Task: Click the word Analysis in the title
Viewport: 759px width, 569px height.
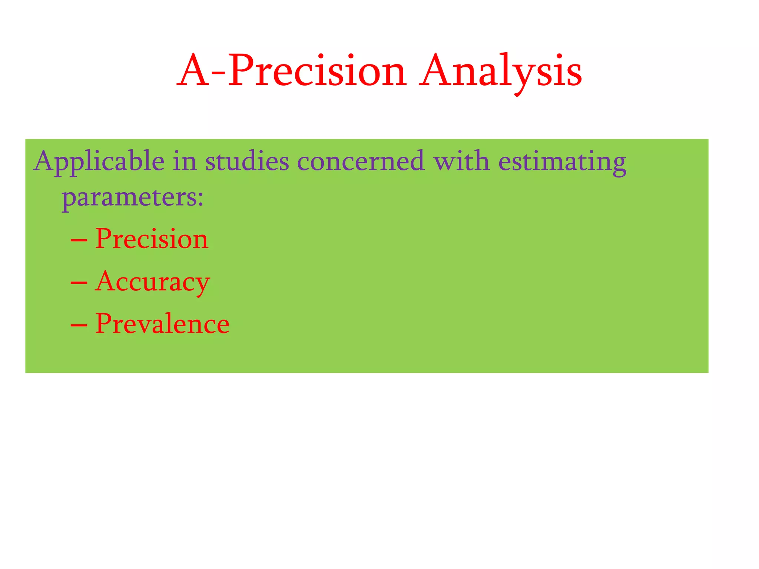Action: pyautogui.click(x=500, y=71)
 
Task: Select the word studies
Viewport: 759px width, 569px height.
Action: pyautogui.click(x=247, y=162)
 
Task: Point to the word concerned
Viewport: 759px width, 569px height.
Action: pyautogui.click(x=361, y=162)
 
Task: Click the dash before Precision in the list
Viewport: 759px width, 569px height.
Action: pyautogui.click(x=79, y=241)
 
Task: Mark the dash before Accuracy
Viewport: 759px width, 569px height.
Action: pyautogui.click(x=79, y=283)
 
